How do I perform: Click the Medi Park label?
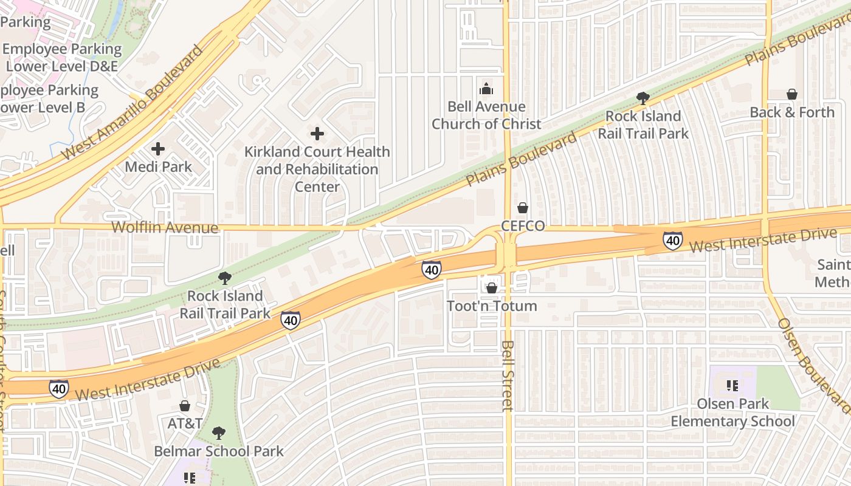[158, 166]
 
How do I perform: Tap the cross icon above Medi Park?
[158, 148]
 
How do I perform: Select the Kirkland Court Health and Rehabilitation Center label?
[317, 169]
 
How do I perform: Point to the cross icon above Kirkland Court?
[317, 134]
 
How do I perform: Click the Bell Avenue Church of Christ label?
[486, 115]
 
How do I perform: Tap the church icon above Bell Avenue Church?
[486, 89]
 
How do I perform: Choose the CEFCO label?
[522, 226]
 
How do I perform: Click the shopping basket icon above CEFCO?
[522, 208]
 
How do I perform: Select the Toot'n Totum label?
[492, 306]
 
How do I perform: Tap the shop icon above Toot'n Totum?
[492, 287]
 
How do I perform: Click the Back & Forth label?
[792, 112]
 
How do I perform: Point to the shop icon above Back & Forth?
[792, 94]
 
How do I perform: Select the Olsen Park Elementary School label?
[732, 412]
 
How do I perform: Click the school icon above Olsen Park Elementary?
[732, 385]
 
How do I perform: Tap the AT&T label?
[185, 423]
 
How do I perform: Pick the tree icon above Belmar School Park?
[219, 433]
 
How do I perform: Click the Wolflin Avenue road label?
[164, 228]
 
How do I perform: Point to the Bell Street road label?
[508, 375]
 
